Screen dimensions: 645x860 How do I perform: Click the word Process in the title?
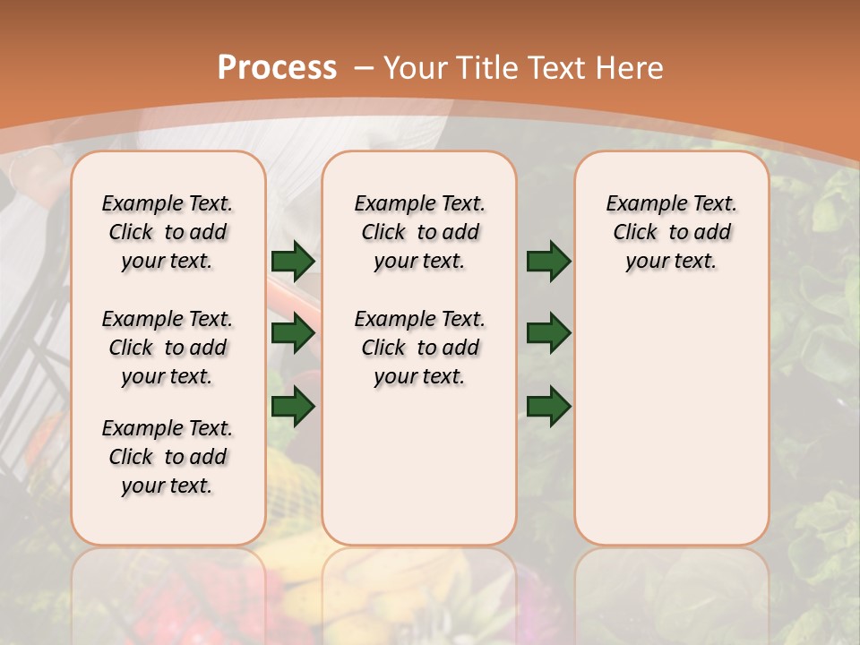pyautogui.click(x=277, y=67)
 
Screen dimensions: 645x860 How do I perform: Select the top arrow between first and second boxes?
pyautogui.click(x=293, y=262)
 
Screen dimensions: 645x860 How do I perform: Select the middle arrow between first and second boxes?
pyautogui.click(x=293, y=334)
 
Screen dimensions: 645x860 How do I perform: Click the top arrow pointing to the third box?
pyautogui.click(x=549, y=262)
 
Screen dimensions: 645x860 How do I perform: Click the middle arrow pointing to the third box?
pyautogui.click(x=549, y=334)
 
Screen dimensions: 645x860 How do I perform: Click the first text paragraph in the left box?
pyautogui.click(x=168, y=232)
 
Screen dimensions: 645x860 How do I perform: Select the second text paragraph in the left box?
pyautogui.click(x=168, y=348)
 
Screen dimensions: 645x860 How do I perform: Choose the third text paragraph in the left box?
pyautogui.click(x=168, y=457)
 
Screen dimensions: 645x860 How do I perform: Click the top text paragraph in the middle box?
pyautogui.click(x=419, y=232)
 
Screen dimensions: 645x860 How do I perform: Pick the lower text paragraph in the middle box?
pyautogui.click(x=419, y=348)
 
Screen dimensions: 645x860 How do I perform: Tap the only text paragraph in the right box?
pyautogui.click(x=671, y=232)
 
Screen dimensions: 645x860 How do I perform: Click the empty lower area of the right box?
pyautogui.click(x=671, y=421)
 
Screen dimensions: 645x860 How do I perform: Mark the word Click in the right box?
pyautogui.click(x=635, y=233)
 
